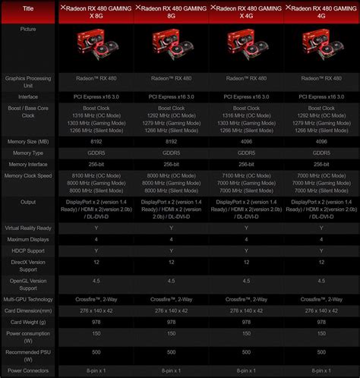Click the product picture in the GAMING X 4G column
tap(246, 46)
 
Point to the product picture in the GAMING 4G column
tap(321, 46)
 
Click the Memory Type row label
tap(28, 153)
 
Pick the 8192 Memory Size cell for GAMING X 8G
tap(96, 140)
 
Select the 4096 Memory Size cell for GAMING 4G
tap(321, 140)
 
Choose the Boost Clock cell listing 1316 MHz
tap(96, 118)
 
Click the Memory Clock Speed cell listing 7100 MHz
tap(246, 182)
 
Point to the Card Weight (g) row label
tap(28, 323)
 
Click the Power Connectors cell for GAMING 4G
tap(321, 370)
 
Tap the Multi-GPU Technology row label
tap(28, 300)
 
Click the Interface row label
tap(28, 96)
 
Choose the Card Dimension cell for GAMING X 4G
tap(246, 311)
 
